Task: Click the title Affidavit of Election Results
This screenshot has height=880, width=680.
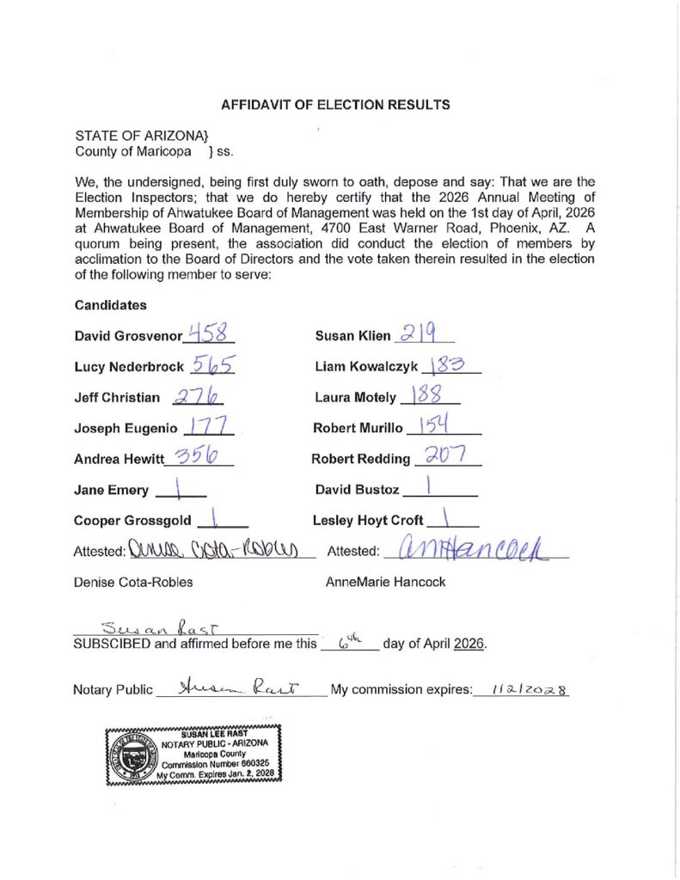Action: click(x=335, y=105)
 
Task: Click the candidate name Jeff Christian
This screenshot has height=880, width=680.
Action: click(x=118, y=398)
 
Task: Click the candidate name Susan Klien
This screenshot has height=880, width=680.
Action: click(x=352, y=336)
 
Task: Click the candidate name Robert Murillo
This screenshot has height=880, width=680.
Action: click(x=358, y=428)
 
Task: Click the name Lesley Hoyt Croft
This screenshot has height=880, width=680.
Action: click(x=368, y=520)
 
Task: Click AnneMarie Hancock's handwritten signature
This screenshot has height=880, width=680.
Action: click(x=468, y=547)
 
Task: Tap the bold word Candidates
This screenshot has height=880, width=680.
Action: click(x=110, y=305)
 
